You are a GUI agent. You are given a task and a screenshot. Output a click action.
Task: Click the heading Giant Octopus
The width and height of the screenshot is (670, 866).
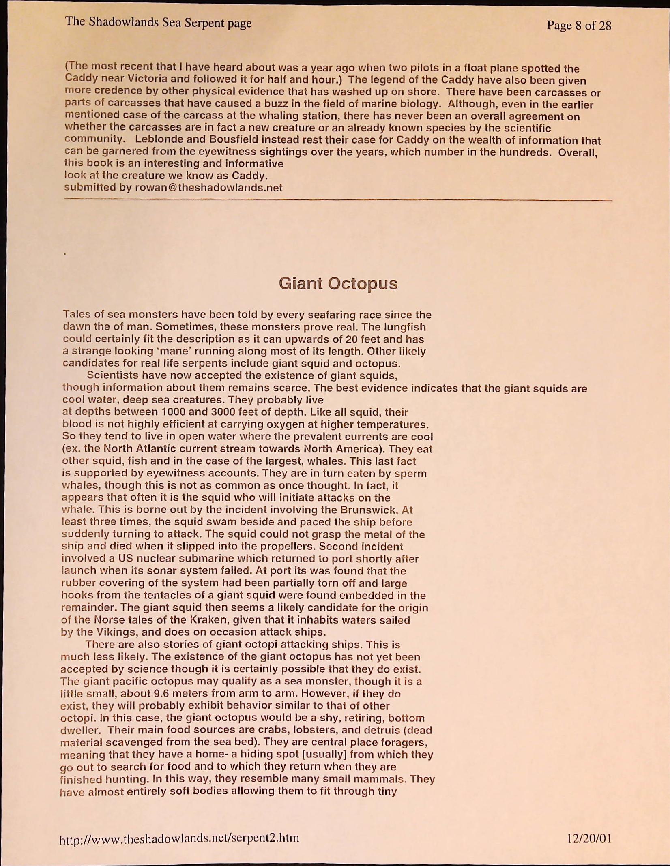[338, 283]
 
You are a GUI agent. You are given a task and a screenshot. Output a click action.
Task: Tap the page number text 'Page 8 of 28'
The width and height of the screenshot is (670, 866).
[579, 26]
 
